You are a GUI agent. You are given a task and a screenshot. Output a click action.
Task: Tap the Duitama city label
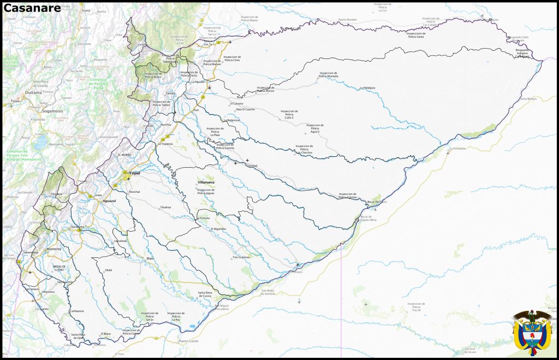pos(33,93)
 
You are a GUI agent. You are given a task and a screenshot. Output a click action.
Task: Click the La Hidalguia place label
pos(368,88)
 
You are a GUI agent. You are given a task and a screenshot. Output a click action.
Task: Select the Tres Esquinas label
pos(241,257)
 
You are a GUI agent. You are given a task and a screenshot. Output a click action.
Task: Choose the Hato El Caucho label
pos(245,109)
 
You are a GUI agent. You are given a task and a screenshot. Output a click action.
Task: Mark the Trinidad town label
pos(251,166)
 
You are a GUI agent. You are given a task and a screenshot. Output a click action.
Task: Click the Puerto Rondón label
pos(347,20)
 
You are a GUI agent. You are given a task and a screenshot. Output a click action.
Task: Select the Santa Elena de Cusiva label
pos(209,294)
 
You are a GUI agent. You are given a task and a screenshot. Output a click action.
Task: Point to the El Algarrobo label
pos(218,228)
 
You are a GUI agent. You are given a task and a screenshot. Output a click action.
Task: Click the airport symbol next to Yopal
pos(128,178)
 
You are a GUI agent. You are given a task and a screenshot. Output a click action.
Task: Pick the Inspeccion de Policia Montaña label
pos(329,74)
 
